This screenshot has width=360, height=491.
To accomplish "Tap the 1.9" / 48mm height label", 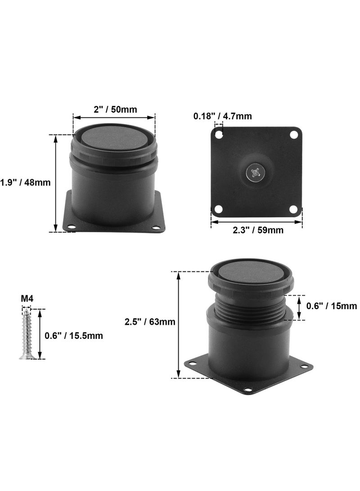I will pyautogui.click(x=25, y=182).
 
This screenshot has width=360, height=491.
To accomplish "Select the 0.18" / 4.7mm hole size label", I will pyautogui.click(x=222, y=116).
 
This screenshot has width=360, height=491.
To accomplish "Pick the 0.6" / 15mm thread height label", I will pyautogui.click(x=331, y=306).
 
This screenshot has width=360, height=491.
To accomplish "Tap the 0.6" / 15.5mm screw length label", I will pyautogui.click(x=74, y=335).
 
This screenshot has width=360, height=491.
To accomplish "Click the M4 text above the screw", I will pyautogui.click(x=27, y=298).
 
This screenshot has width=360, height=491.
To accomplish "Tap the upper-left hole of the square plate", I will pyautogui.click(x=219, y=134).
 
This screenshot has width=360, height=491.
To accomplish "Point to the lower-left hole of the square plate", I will pyautogui.click(x=219, y=209).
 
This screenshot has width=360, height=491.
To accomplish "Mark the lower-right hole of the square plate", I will pyautogui.click(x=294, y=209).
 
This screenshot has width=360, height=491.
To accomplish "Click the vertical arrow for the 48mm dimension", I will pyautogui.click(x=56, y=183).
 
